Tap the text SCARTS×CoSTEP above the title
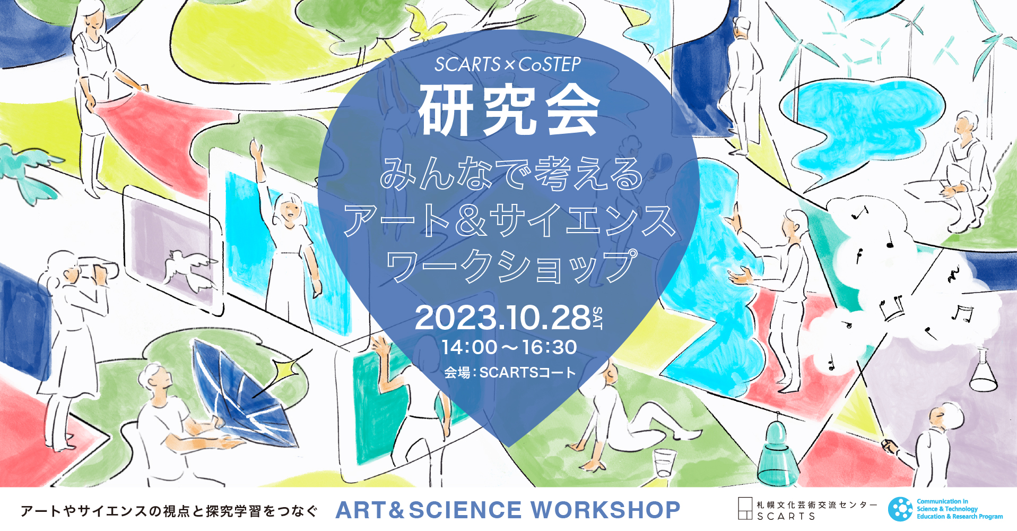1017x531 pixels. (508, 64)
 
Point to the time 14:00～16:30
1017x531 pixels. (509, 347)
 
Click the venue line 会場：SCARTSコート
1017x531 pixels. (509, 373)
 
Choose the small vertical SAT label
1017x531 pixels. (597, 318)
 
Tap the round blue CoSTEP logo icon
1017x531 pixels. (900, 509)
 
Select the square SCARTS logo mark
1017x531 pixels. (745, 508)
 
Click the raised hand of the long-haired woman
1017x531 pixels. (257, 149)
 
